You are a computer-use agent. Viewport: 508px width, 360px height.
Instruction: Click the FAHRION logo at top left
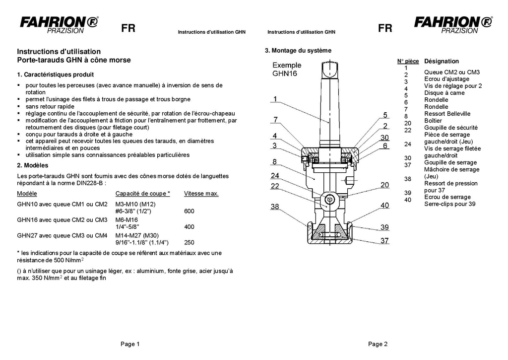[x=59, y=24]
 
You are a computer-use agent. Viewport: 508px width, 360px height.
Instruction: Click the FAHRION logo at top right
[x=453, y=24]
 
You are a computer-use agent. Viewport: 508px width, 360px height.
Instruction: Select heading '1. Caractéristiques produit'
[x=55, y=75]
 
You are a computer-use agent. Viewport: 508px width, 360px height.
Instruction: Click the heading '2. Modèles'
[x=33, y=165]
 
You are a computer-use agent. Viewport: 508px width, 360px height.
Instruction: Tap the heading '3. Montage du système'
[x=298, y=51]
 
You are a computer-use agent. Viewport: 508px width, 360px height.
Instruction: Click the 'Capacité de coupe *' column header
[x=143, y=193]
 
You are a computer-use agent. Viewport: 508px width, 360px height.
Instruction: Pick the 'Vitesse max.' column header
[x=201, y=193]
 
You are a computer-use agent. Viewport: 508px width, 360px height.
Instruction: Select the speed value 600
[x=189, y=211]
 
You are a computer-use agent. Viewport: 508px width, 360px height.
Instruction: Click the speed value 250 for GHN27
[x=189, y=243]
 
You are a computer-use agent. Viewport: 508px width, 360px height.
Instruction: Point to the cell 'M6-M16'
[x=127, y=220]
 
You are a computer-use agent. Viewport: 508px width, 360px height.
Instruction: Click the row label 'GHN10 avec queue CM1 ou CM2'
[x=62, y=204]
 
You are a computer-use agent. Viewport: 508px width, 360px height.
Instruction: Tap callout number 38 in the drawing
[x=275, y=207]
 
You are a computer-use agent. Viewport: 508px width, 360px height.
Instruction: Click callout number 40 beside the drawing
[x=385, y=206]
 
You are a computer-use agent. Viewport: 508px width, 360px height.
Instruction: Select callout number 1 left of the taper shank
[x=275, y=99]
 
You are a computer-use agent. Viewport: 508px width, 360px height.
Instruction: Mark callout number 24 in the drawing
[x=275, y=175]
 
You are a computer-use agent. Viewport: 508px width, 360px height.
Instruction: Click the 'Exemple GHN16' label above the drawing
[x=287, y=69]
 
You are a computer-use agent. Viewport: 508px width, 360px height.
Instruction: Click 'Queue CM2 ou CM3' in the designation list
[x=451, y=72]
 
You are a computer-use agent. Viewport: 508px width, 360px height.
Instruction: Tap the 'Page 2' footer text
[x=378, y=344]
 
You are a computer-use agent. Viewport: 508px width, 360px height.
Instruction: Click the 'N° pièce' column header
[x=408, y=61]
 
